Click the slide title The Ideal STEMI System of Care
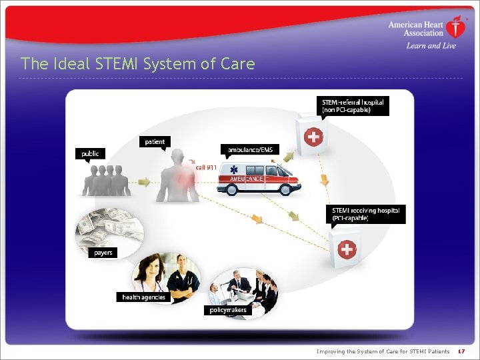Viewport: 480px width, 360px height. (x=137, y=64)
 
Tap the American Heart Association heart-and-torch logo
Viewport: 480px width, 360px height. (x=455, y=27)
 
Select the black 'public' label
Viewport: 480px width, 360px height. (x=90, y=153)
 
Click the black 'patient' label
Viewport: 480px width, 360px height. (x=155, y=141)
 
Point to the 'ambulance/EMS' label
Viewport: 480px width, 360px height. (x=250, y=150)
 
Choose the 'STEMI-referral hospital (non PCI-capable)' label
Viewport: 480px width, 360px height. (x=353, y=106)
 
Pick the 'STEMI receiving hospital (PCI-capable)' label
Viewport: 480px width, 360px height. (x=366, y=214)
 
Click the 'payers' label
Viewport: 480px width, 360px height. (x=103, y=253)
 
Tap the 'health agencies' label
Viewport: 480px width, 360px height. (x=143, y=297)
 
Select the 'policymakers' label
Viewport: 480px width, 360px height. (x=226, y=309)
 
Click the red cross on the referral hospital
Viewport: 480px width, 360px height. (x=313, y=138)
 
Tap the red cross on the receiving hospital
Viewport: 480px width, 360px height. (x=347, y=250)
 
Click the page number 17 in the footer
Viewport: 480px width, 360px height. (x=461, y=351)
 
